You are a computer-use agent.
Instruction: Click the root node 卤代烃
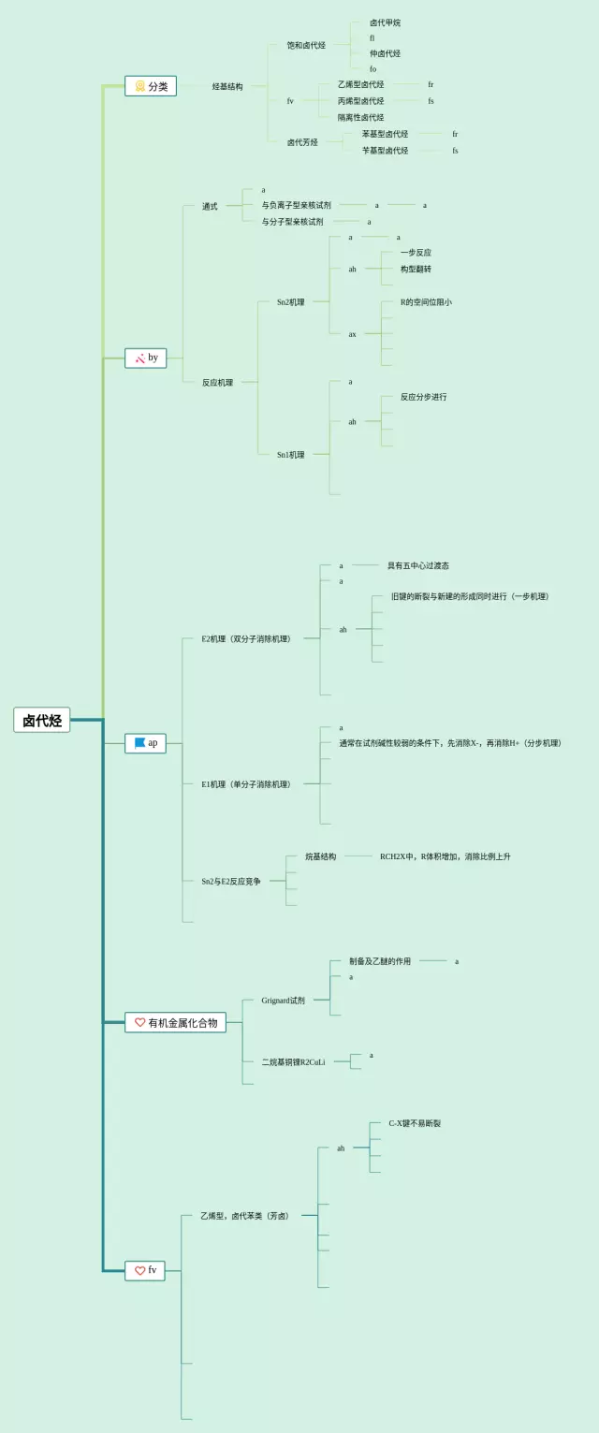(x=42, y=720)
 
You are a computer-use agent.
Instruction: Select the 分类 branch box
(x=151, y=86)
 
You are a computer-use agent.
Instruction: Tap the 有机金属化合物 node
(x=176, y=1023)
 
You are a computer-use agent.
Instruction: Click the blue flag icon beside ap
(x=139, y=743)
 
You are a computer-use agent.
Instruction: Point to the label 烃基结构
(x=227, y=86)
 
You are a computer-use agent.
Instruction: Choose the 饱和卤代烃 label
(x=306, y=45)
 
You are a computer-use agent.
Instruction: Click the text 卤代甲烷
(x=385, y=22)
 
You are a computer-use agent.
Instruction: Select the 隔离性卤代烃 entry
(x=360, y=117)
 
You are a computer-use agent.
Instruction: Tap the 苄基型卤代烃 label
(x=385, y=150)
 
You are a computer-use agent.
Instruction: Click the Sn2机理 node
(x=290, y=301)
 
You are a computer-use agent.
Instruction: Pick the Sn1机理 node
(x=290, y=455)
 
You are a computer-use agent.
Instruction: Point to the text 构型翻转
(x=416, y=269)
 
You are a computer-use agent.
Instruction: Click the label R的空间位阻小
(x=426, y=302)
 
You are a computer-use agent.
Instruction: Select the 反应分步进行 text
(x=423, y=397)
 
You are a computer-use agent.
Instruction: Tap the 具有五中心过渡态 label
(x=418, y=565)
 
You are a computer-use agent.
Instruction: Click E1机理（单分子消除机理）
(x=246, y=784)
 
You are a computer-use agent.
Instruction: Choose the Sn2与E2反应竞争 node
(x=231, y=881)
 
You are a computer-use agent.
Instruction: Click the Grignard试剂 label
(x=283, y=1001)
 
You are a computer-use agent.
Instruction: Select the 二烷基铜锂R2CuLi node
(x=293, y=1061)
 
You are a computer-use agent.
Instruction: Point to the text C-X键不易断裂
(x=415, y=1123)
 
